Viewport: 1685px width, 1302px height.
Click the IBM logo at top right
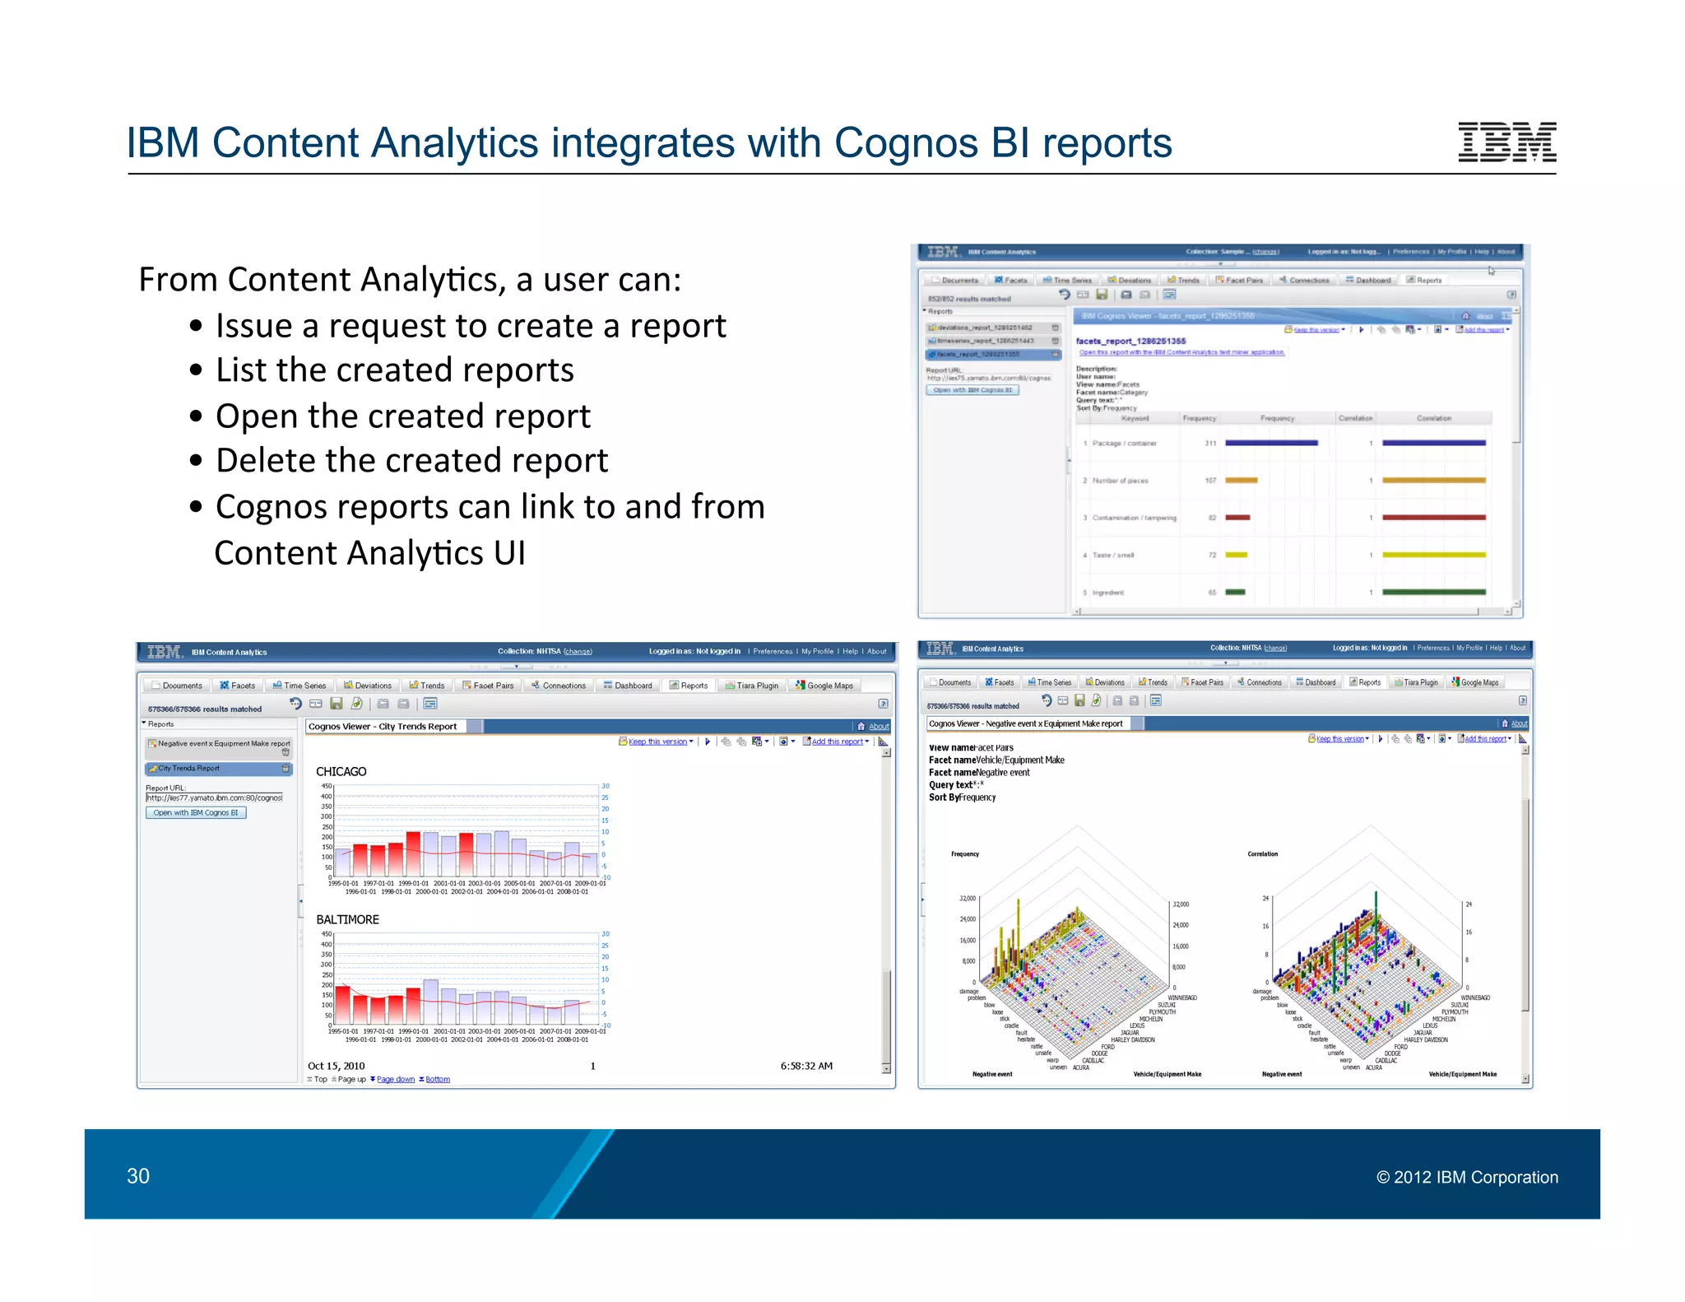(1506, 142)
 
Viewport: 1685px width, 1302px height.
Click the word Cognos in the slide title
(906, 143)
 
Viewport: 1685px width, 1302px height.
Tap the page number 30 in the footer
(138, 1176)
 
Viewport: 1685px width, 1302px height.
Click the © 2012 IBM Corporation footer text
(1467, 1177)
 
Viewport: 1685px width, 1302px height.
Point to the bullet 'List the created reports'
(394, 370)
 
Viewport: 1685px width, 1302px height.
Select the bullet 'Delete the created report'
(411, 461)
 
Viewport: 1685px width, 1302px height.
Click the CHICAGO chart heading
(341, 772)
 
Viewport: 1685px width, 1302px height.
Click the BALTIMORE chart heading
(347, 920)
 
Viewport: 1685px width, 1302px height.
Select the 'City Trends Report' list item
(189, 769)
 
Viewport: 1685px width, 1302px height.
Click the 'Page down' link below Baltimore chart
(395, 1079)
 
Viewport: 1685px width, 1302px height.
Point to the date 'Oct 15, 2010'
(336, 1066)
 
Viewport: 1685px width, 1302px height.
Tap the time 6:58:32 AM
(806, 1066)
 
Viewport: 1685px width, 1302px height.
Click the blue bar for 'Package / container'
(1270, 443)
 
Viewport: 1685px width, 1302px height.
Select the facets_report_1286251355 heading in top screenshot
(1130, 341)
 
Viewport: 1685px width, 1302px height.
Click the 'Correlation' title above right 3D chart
(1262, 854)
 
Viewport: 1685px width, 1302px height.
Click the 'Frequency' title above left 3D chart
(965, 854)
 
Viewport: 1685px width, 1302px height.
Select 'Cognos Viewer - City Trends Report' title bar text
(383, 727)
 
